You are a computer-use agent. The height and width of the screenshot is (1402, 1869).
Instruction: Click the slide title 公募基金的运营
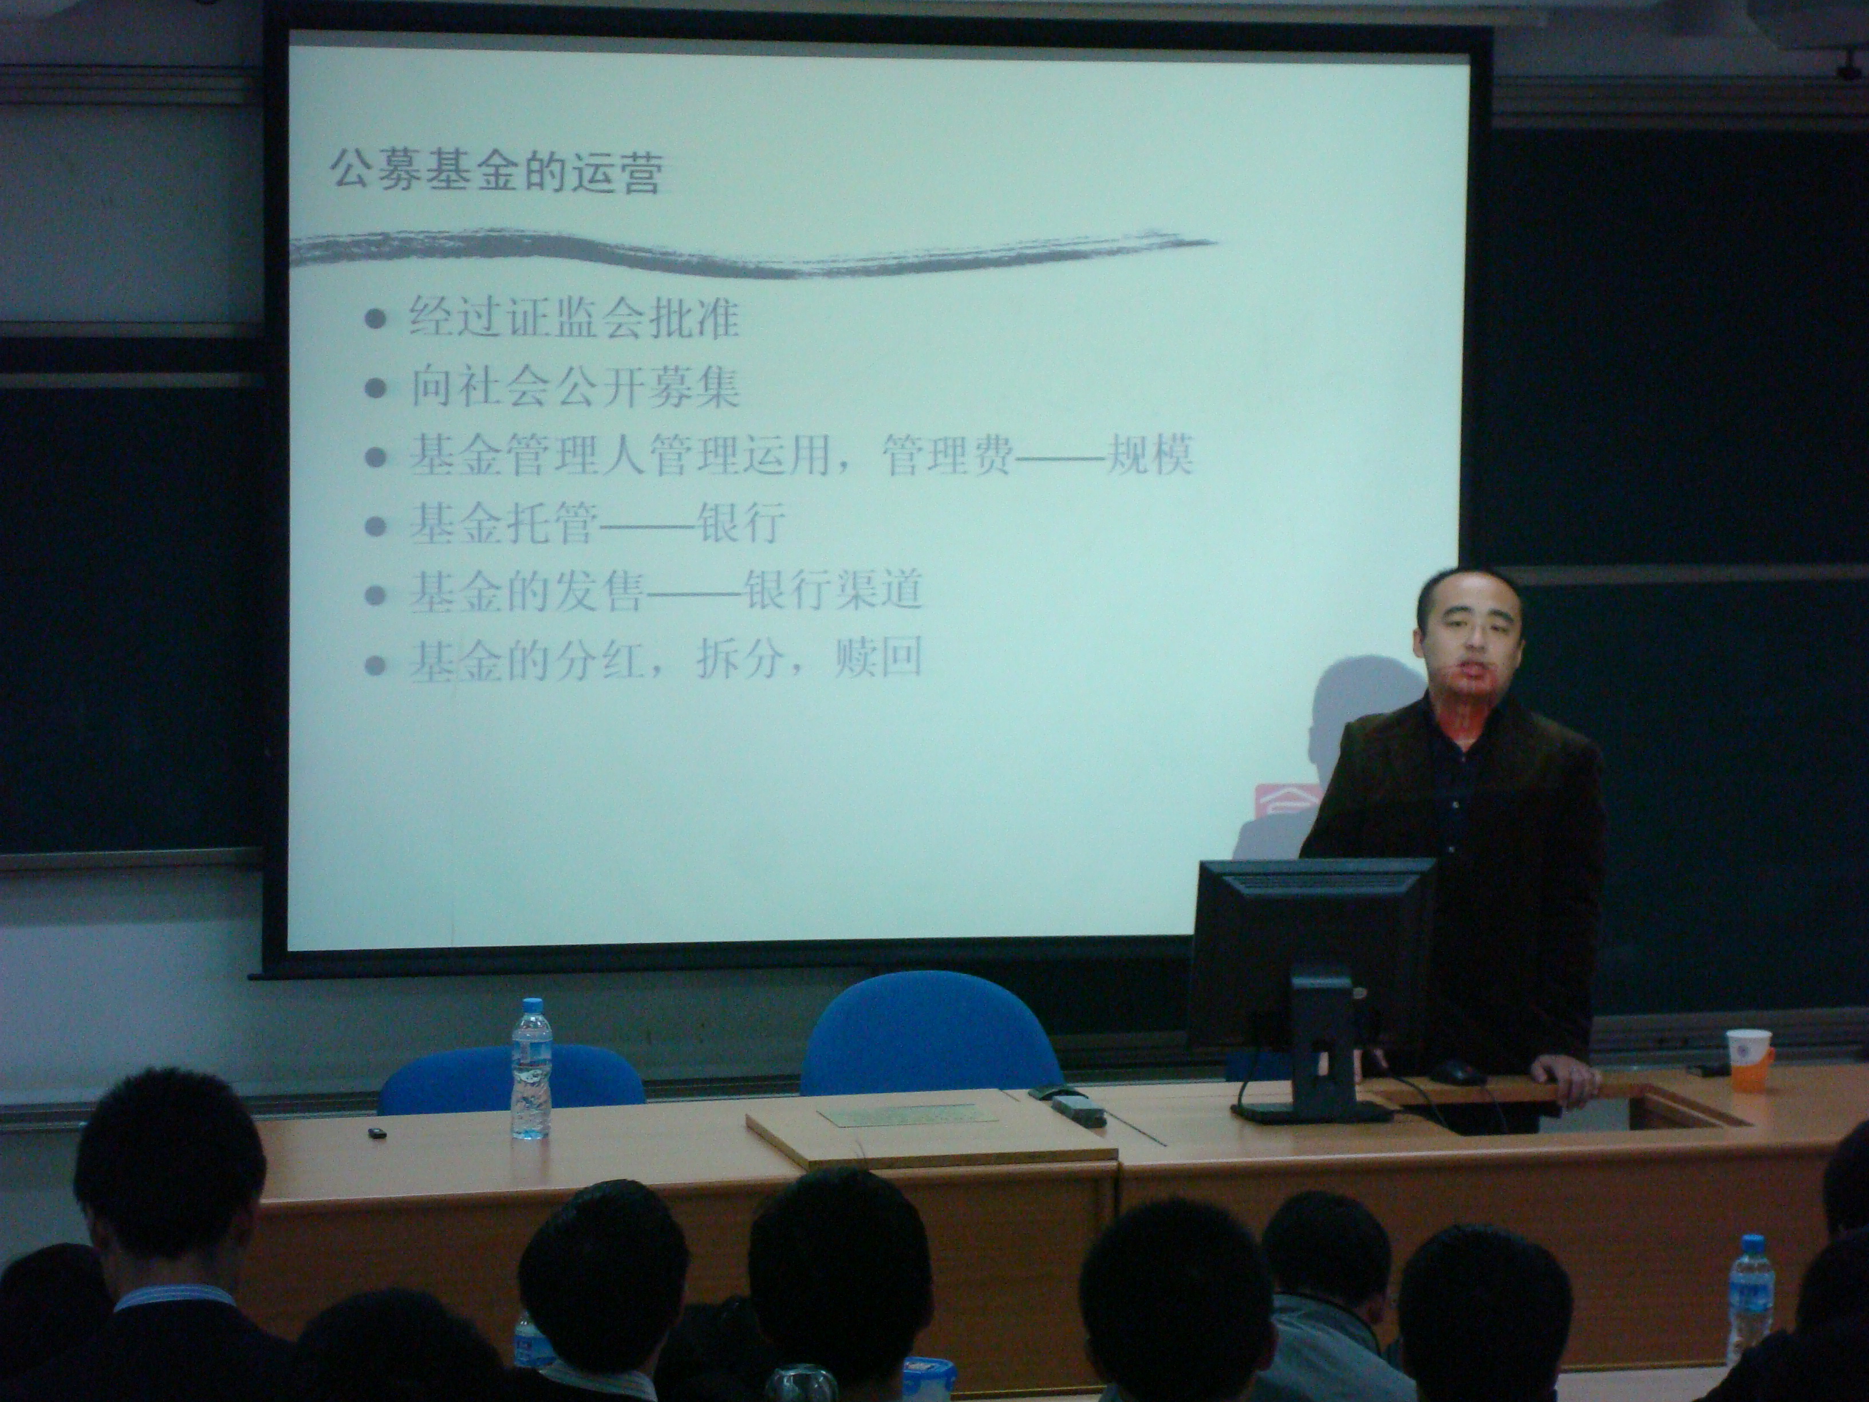[x=494, y=172]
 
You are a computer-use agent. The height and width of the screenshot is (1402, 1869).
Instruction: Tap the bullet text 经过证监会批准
[x=574, y=318]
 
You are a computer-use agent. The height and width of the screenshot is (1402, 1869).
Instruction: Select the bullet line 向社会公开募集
[x=574, y=388]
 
